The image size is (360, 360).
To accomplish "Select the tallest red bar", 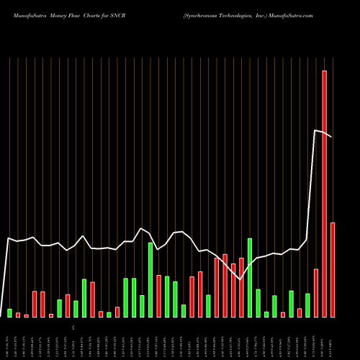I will (x=324, y=194).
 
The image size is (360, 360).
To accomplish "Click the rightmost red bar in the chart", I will (x=333, y=270).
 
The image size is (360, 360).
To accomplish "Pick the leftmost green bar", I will (x=10, y=313).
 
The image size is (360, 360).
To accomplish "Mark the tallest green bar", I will (x=250, y=277).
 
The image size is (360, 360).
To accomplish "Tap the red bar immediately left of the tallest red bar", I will (x=316, y=293).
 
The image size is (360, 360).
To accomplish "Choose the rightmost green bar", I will (x=307, y=305).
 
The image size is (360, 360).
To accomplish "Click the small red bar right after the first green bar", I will (x=18, y=315).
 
